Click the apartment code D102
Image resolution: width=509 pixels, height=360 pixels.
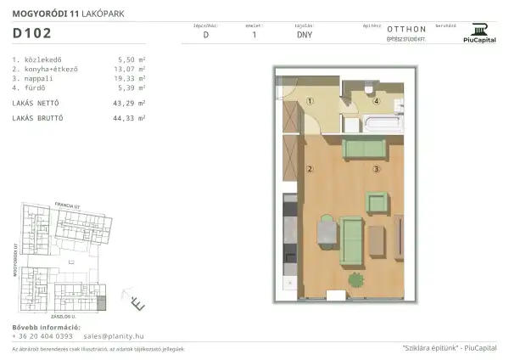coord(32,35)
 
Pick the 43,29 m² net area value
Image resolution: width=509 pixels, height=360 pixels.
coord(129,103)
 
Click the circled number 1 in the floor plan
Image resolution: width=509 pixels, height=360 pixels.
coord(310,101)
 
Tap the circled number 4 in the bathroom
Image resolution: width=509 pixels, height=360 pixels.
coord(377,100)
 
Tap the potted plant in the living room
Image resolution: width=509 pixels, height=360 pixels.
coord(355,279)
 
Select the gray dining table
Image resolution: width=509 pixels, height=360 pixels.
coord(325,232)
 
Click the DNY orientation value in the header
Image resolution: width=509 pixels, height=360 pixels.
coord(304,36)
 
